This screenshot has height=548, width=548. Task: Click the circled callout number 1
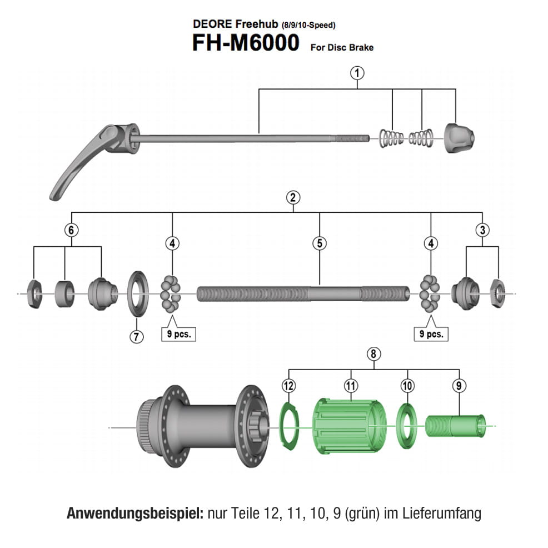click(x=356, y=72)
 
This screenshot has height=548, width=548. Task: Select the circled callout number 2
click(x=293, y=197)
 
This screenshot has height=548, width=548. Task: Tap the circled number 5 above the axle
click(x=319, y=243)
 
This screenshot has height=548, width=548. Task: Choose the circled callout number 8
click(x=374, y=354)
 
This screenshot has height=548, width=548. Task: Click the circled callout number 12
click(x=288, y=385)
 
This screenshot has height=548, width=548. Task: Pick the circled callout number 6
click(x=71, y=229)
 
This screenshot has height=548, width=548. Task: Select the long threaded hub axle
click(x=303, y=292)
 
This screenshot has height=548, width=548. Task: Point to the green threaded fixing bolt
click(x=455, y=426)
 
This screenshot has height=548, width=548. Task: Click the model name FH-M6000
click(x=245, y=43)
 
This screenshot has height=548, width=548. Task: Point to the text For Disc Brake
click(x=341, y=47)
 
